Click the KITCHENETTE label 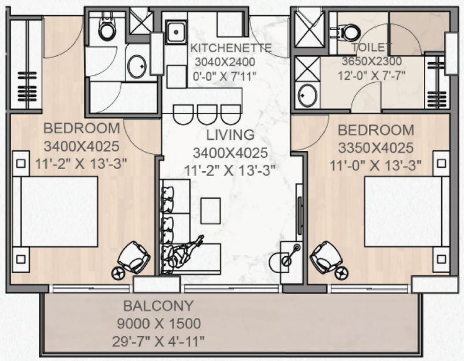(x=231, y=48)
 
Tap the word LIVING (x=230, y=135)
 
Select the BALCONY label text (x=158, y=306)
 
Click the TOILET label (x=372, y=47)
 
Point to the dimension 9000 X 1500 (x=159, y=323)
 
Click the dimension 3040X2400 (x=225, y=62)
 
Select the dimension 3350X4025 (x=376, y=148)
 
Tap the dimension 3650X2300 (x=372, y=61)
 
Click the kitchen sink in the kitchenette (x=176, y=32)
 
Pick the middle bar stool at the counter (x=207, y=114)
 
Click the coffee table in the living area (x=211, y=211)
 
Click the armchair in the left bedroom (x=133, y=258)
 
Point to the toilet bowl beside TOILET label (x=347, y=32)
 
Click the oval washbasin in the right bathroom (x=307, y=95)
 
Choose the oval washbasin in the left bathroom (x=137, y=67)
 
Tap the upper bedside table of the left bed (x=21, y=163)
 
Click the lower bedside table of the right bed (x=441, y=259)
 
